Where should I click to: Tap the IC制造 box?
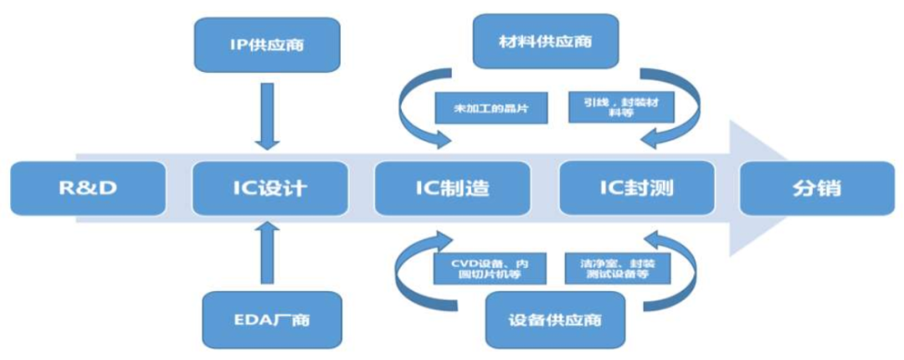click(452, 188)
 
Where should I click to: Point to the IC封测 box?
click(636, 188)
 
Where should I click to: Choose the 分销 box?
click(816, 188)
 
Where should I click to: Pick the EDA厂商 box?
click(272, 319)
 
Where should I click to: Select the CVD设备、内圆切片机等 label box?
click(480, 268)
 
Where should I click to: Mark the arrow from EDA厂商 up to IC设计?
click(267, 253)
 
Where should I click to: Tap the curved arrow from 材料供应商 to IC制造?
click(414, 105)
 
